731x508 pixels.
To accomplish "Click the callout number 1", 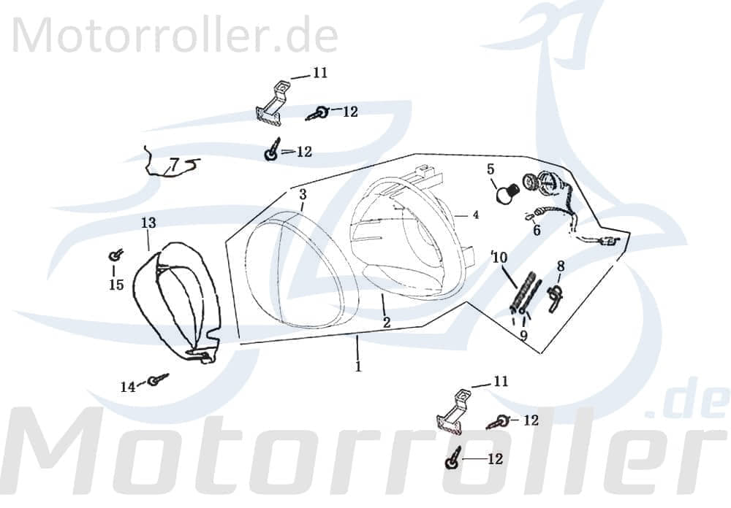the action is [x=358, y=367].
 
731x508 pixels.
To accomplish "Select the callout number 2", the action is [x=386, y=322].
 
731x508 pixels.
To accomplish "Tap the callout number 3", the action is [x=303, y=194].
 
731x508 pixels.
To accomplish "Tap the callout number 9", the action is [x=523, y=335].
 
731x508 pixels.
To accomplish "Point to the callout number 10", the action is [x=499, y=257].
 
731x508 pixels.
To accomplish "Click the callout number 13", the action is [x=148, y=222].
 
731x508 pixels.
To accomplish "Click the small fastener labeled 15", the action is [x=115, y=255].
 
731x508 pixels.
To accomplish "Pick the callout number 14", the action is [x=128, y=387].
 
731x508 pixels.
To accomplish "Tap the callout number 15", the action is [x=116, y=285].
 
